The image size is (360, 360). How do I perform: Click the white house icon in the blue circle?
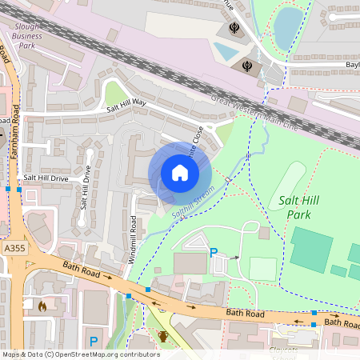tap(180, 173)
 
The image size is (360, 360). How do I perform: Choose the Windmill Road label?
tap(131, 239)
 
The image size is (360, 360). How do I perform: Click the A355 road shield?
tap(14, 250)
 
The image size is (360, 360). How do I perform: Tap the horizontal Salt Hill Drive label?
tap(46, 178)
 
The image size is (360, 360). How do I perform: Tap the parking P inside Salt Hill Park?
tap(214, 253)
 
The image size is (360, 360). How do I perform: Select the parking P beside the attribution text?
tap(94, 342)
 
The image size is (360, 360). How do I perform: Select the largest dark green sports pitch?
tap(311, 247)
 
